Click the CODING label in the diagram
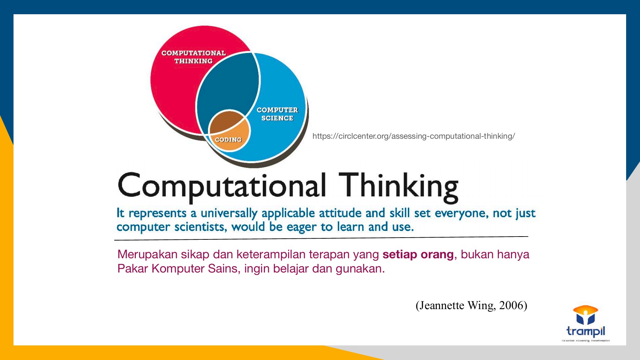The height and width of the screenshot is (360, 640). coord(228,140)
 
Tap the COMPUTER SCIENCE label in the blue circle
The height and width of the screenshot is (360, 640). coord(277,114)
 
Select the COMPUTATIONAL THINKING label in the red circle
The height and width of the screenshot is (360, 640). coord(193,57)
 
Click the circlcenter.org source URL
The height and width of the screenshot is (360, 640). coord(414,136)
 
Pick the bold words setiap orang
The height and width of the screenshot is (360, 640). coord(418,255)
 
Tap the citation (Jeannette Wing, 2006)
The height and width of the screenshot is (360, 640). coord(471,305)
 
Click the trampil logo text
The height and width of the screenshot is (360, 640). coord(586,331)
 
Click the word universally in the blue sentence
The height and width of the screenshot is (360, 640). coord(229,213)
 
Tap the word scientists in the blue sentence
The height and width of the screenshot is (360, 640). coord(201,227)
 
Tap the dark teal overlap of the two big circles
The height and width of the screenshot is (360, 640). coord(228,85)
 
